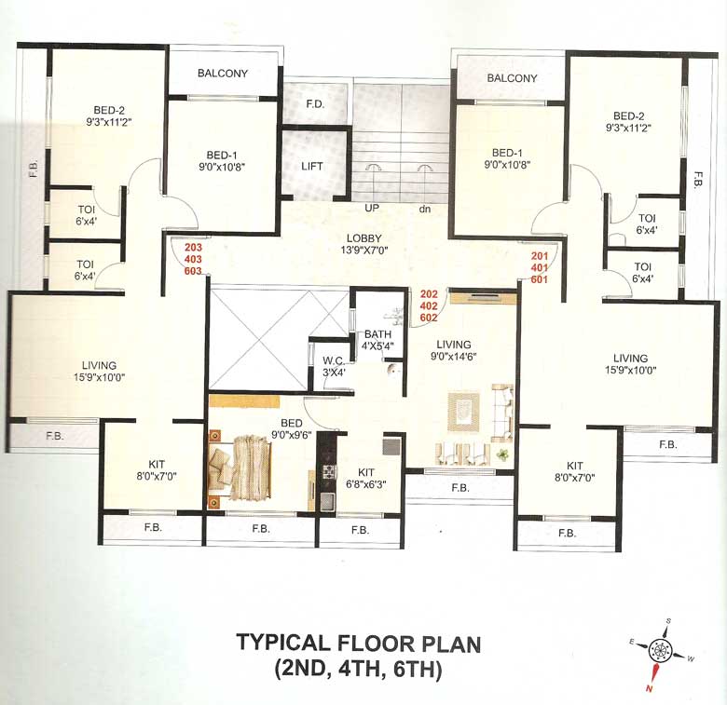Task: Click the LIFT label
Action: [313, 167]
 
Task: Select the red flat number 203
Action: [193, 248]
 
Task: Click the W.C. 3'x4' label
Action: [335, 366]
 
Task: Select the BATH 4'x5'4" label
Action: [378, 340]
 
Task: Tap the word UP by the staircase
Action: [371, 209]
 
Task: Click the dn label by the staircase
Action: [424, 209]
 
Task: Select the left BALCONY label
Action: [222, 73]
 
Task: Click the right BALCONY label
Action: [512, 78]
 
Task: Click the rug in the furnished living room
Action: [465, 411]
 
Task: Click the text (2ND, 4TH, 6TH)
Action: [358, 670]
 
